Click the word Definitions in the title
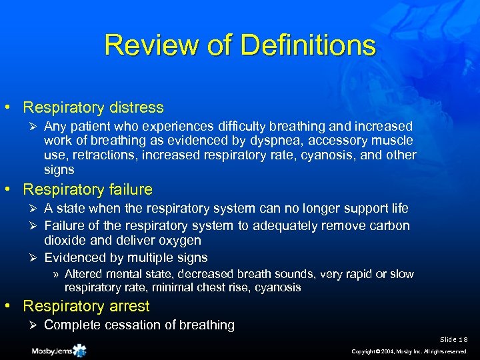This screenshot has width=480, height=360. pos(309,45)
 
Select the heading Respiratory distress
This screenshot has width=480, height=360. pos(93,107)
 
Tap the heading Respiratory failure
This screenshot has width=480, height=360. pos(88,189)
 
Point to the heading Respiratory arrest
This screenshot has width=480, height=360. pos(87,306)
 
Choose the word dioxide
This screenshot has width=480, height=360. pos(66,241)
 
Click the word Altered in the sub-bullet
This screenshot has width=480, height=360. pos(83,274)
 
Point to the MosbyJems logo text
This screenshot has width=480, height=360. pos(51,351)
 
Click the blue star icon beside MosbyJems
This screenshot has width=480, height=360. pos(80,350)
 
